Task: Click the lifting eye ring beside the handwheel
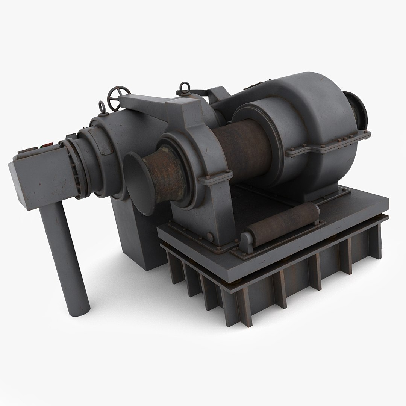point(102,108)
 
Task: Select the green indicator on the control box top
point(37,146)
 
